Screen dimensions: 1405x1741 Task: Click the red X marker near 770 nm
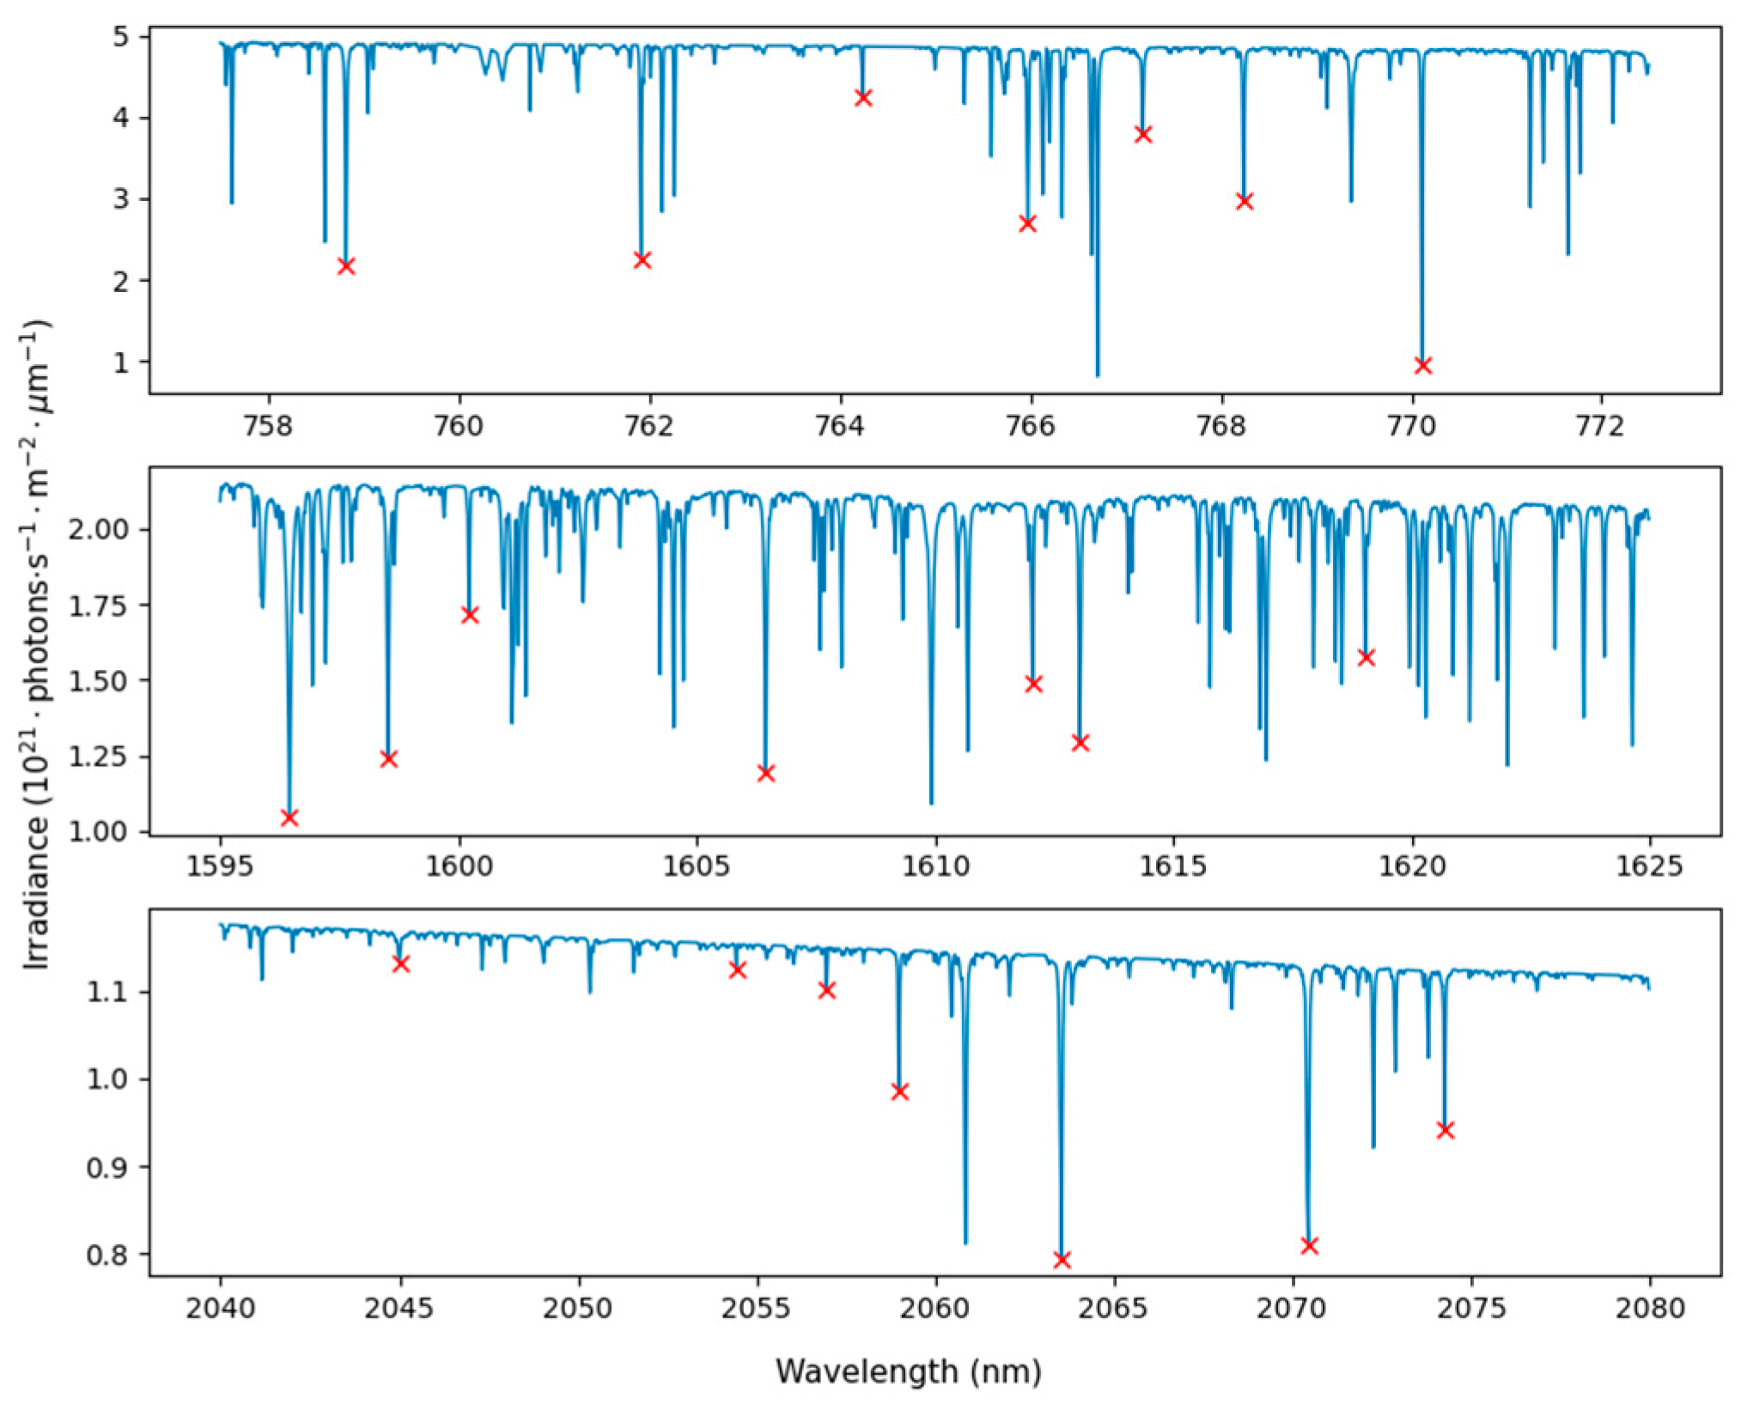[1422, 366]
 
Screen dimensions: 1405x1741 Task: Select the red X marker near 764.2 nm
[863, 98]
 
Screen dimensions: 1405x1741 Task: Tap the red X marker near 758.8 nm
[346, 266]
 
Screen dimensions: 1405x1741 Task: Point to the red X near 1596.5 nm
[289, 818]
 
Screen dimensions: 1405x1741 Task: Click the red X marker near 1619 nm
[1366, 658]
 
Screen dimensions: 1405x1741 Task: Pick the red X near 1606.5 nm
[766, 773]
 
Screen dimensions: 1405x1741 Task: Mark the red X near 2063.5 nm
[1062, 1260]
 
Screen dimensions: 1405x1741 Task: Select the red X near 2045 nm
[400, 964]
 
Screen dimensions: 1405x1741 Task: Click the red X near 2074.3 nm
[1445, 1130]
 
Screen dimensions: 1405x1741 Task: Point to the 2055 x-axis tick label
[757, 1309]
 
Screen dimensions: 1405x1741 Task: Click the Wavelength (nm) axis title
[909, 1372]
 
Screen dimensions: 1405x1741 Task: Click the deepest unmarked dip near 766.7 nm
[1097, 374]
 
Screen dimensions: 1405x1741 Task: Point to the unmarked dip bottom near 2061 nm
[965, 1242]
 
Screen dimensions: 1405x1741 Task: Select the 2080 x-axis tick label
[1649, 1309]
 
